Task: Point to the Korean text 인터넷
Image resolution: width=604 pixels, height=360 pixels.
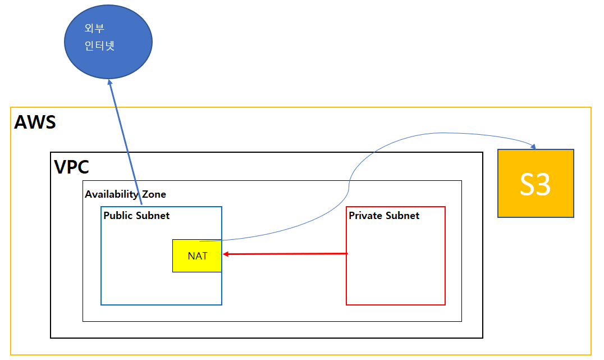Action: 99,46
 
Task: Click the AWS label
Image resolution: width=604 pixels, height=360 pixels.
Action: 35,122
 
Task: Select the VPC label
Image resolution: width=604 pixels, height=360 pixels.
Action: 71,167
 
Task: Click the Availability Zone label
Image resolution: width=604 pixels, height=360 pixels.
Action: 125,194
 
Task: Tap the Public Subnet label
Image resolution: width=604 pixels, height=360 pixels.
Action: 136,215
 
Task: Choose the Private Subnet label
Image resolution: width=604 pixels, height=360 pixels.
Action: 384,215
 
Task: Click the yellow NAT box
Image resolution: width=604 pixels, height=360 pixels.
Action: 197,256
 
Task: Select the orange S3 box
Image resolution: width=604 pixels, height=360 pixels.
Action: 536,183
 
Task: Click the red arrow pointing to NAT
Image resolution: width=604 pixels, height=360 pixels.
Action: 286,254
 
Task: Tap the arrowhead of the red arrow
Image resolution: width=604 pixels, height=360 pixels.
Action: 226,254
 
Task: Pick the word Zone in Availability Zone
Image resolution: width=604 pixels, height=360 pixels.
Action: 153,194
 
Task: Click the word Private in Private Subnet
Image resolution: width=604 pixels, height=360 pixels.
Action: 366,215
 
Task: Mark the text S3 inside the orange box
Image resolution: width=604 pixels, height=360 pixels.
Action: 535,184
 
